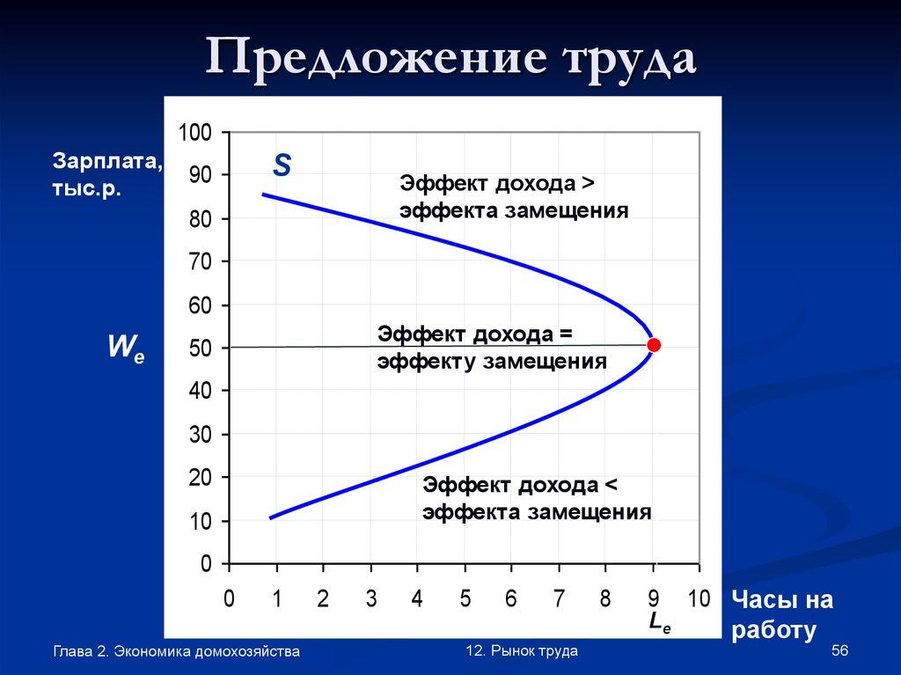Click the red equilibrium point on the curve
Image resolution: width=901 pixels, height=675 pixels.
653,344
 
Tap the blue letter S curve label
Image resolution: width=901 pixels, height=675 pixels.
282,165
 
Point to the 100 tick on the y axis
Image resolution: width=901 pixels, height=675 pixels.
195,133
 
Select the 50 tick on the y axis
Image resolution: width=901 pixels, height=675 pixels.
201,349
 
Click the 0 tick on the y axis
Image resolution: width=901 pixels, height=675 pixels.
206,564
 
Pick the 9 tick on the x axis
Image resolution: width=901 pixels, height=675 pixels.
652,599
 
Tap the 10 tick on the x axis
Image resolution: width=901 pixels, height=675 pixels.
699,599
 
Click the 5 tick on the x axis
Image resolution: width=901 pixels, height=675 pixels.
465,599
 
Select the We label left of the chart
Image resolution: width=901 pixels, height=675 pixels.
125,348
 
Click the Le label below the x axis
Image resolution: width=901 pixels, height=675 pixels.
659,622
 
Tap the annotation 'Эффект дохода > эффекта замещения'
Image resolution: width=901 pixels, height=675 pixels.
514,197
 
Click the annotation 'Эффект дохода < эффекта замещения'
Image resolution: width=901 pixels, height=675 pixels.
536,499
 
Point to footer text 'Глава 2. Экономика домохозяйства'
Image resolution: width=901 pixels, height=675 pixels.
176,651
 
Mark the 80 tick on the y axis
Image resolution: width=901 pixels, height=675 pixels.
201,219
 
